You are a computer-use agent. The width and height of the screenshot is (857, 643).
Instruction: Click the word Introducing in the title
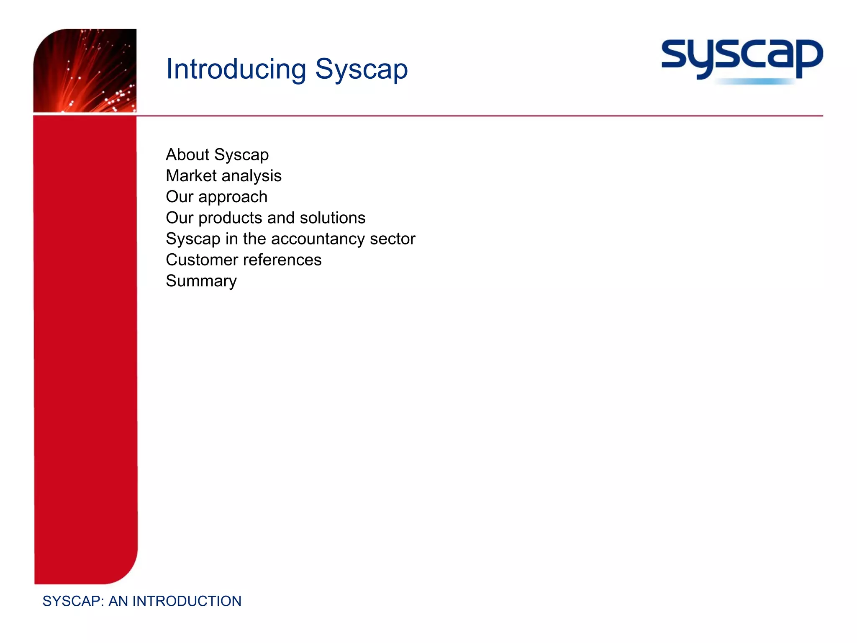236,69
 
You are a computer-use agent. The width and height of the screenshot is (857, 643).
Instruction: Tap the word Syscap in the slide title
361,69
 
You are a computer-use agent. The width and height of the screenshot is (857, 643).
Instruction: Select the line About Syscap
217,155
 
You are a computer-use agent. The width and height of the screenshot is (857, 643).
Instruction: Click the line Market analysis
223,176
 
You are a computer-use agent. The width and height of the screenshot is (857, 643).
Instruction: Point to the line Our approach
216,197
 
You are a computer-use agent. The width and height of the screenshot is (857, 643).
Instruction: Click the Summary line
201,281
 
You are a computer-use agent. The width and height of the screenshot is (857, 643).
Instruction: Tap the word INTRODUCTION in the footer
187,601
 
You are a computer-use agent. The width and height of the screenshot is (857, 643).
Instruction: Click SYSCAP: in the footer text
73,601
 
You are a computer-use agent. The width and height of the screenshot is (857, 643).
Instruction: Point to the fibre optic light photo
85,70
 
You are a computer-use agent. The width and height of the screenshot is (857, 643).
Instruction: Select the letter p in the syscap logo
808,59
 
